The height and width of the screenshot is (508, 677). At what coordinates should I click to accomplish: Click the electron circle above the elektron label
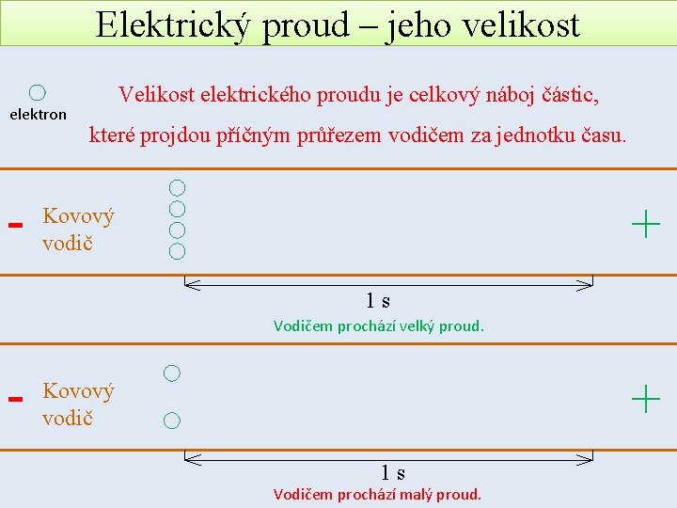point(37,92)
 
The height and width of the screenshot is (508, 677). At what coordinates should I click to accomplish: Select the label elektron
point(38,115)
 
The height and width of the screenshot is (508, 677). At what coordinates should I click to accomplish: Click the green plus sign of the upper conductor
point(646,225)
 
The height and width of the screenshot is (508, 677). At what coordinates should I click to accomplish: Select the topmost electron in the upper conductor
point(177,188)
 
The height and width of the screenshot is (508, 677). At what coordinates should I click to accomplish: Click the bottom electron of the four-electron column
point(177,251)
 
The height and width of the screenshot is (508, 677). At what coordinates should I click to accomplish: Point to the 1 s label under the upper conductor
point(378,301)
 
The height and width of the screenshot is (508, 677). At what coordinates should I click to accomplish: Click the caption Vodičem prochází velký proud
point(378,326)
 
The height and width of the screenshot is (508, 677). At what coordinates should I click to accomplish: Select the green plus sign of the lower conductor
point(646,399)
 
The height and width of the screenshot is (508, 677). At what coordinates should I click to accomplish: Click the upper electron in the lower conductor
point(171,373)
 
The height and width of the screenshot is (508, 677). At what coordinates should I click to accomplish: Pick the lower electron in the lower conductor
point(171,421)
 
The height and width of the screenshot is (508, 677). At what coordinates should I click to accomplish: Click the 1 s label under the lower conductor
point(393,472)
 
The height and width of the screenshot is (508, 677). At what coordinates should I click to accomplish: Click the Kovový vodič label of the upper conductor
point(78,229)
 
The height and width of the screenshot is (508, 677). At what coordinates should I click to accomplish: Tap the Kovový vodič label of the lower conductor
point(78,404)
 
